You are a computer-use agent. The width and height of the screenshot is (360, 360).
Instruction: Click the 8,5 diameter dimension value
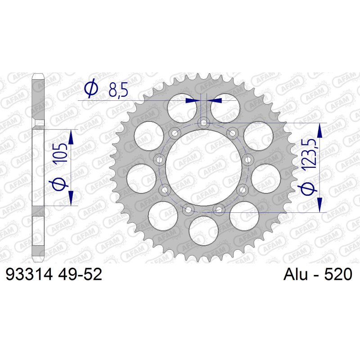(x=118, y=90)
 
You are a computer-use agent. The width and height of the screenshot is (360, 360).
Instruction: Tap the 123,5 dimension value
(x=309, y=155)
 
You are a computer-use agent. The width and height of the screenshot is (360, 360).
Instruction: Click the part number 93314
(x=29, y=274)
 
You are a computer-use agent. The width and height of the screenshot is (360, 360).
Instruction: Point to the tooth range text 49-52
(x=80, y=274)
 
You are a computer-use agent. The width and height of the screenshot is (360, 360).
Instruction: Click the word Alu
(x=296, y=274)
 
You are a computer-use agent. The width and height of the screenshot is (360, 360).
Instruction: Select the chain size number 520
(x=338, y=274)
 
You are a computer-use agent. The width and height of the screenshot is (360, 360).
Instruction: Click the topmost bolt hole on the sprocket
(x=203, y=122)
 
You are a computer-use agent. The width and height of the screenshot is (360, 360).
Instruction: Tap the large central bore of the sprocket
(x=204, y=167)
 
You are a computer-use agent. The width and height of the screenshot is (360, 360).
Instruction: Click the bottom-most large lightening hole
(x=204, y=231)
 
